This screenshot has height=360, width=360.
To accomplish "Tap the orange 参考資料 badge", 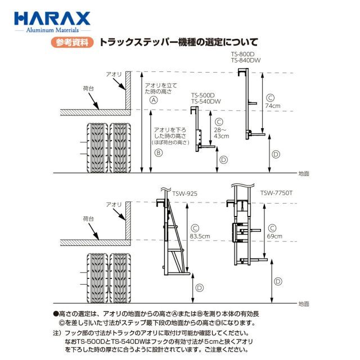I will [x=72, y=42].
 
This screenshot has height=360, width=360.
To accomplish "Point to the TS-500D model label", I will [x=204, y=95].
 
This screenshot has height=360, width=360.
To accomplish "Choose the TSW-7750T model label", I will [x=275, y=193].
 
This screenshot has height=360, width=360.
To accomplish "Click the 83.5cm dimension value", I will [x=196, y=236].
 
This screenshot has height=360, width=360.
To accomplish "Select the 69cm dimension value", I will [x=274, y=236].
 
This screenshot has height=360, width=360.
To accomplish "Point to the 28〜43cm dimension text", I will [x=221, y=133].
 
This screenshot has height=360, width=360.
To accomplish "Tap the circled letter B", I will [x=159, y=152].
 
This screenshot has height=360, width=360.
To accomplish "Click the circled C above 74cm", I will [x=270, y=97].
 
